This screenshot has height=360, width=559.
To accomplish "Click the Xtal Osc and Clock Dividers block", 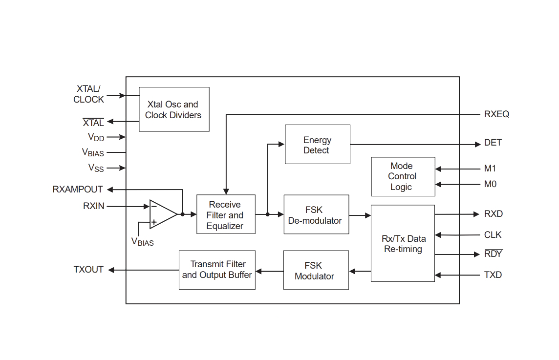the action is (174, 109).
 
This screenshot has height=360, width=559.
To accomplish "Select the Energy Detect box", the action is (318, 145).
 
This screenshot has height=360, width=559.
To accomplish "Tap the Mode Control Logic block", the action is (403, 177).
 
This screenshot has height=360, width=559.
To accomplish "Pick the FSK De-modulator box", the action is (316, 214).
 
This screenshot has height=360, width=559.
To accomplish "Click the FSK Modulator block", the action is (316, 270).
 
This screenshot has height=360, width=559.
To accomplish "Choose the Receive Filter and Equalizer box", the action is (226, 214).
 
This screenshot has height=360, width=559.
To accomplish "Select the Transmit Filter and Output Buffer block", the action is (217, 270).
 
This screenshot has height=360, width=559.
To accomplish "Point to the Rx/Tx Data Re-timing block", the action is (403, 243).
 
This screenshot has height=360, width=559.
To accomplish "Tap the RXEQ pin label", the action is (496, 114).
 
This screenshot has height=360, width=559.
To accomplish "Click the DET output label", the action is (493, 143).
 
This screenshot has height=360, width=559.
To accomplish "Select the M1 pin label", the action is (490, 168).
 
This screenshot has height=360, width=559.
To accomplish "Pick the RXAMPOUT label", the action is (78, 189).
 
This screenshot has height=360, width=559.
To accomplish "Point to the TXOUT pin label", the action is (88, 270).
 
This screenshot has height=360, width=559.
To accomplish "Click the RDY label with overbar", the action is (494, 254).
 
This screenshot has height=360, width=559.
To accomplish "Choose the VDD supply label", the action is (96, 137).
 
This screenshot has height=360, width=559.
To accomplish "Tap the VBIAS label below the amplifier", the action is (143, 242).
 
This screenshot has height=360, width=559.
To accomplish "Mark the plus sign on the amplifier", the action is (153, 222).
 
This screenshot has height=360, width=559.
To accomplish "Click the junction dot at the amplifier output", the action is (183, 214).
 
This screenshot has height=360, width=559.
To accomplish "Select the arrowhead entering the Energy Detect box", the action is (281, 145).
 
